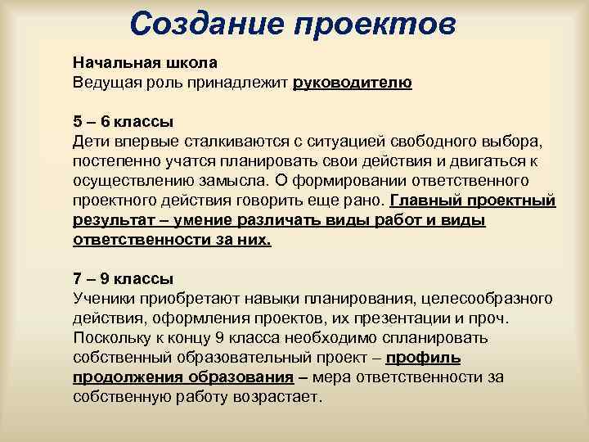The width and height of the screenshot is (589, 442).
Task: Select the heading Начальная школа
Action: pyautogui.click(x=145, y=63)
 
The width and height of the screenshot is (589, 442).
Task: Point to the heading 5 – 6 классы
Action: pyautogui.click(x=123, y=122)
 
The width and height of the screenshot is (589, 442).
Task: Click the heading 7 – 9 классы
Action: pyautogui.click(x=123, y=278)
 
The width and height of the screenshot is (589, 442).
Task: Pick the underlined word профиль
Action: pyautogui.click(x=423, y=357)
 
